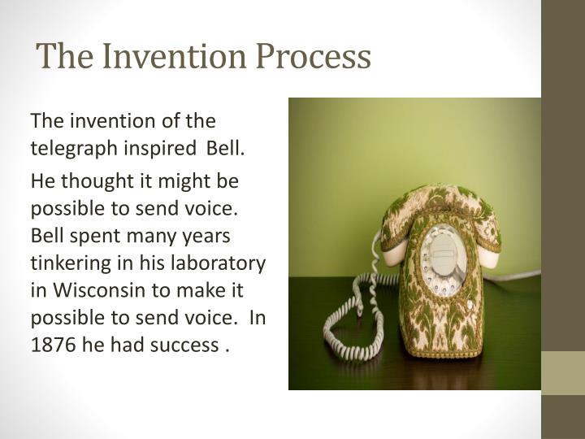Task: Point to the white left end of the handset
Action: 392,251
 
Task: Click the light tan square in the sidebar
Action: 563,373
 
